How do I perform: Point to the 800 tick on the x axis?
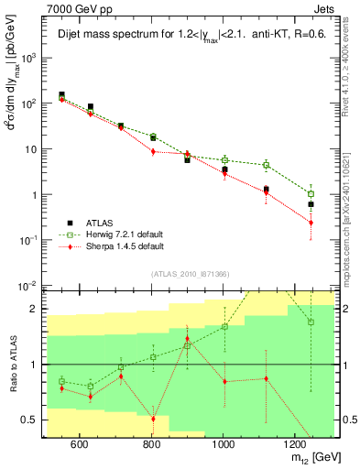(151, 444)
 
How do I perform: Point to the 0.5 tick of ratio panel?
(32, 420)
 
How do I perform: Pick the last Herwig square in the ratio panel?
(311, 322)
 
